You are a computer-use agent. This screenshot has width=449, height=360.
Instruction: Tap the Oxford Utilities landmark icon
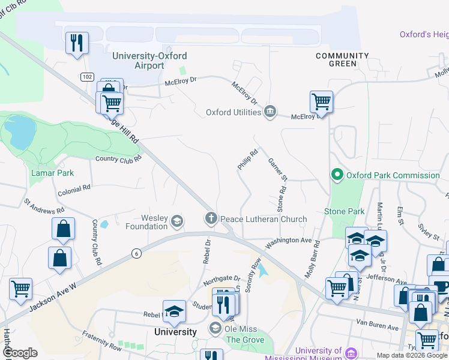click(270, 112)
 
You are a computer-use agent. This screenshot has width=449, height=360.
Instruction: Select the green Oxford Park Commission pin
click(337, 175)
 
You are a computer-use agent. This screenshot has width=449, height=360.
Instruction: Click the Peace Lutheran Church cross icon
click(211, 219)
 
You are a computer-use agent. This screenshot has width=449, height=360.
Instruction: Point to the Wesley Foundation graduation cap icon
click(176, 222)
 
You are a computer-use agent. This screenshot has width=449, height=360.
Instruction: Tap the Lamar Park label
click(52, 173)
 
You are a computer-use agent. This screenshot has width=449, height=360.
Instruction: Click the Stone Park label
click(344, 212)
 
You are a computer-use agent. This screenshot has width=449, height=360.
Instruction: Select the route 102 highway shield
click(88, 77)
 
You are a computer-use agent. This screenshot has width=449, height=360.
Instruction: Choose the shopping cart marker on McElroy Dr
click(321, 102)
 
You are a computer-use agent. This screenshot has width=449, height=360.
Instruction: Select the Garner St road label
click(278, 170)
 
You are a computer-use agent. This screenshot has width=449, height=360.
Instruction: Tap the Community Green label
click(343, 59)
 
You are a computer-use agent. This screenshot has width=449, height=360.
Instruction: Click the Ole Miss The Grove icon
click(215, 328)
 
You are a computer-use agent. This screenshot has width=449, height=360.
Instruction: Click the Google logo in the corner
click(20, 353)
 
